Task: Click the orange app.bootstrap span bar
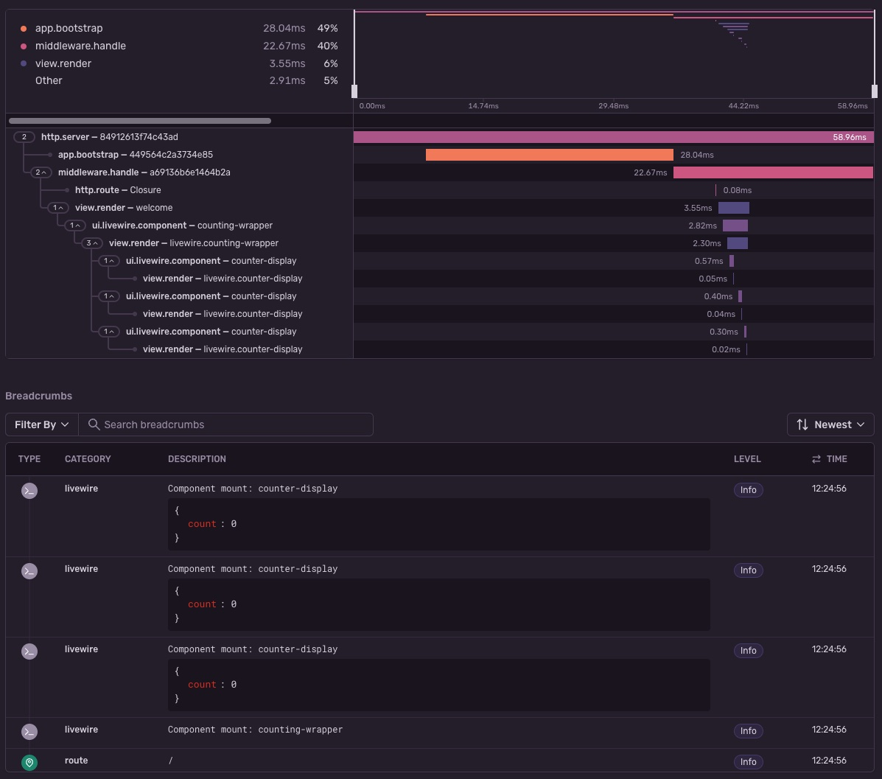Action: point(549,155)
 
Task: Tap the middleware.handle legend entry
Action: point(80,46)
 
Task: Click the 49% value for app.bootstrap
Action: point(327,28)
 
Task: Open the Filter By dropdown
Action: point(42,425)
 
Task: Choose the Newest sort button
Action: point(830,425)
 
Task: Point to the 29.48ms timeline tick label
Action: point(613,106)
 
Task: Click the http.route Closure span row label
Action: point(118,190)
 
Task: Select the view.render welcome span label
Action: point(124,208)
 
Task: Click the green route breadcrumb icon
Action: point(29,762)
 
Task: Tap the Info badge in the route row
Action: point(748,762)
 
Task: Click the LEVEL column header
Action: point(747,459)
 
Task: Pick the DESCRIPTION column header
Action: point(197,459)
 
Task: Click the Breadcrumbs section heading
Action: point(39,396)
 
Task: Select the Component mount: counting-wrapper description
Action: point(255,730)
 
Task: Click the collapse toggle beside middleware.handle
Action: point(41,172)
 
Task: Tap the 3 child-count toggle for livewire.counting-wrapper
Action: point(92,243)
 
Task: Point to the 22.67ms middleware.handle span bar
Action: point(773,172)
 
